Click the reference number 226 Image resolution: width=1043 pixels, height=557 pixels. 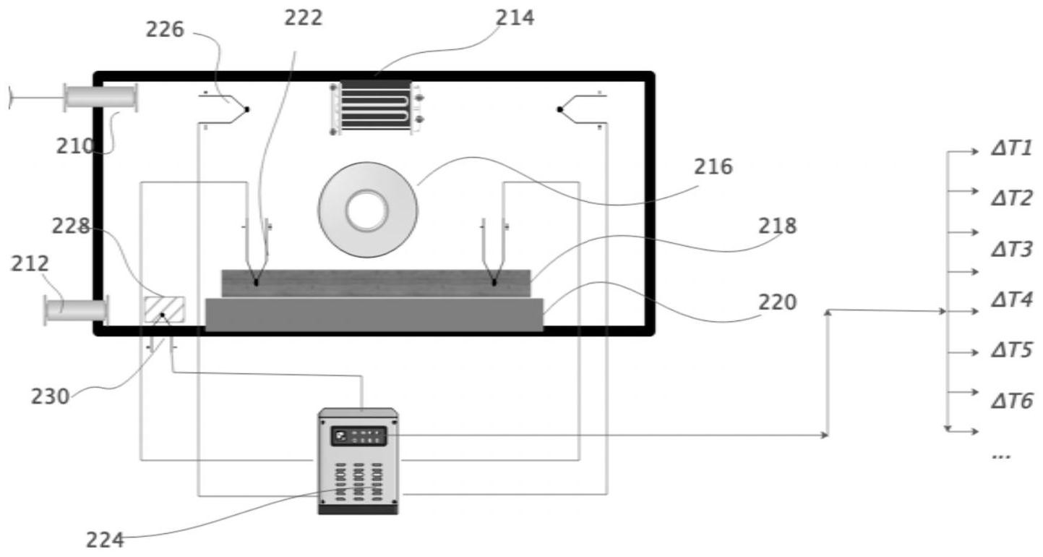click(165, 30)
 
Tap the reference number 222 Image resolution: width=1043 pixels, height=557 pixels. click(304, 18)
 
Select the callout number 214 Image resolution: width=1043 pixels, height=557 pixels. click(515, 17)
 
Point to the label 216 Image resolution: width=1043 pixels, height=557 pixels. click(713, 166)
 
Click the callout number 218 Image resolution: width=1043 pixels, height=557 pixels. click(778, 226)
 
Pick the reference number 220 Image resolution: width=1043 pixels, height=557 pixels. click(778, 302)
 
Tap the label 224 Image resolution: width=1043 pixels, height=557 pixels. click(106, 540)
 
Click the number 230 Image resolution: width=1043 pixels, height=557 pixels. click(51, 396)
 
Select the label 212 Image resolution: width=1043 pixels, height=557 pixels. click(30, 264)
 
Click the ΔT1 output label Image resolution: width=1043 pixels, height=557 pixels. click(1012, 148)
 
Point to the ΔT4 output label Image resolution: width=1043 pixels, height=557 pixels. click(1012, 299)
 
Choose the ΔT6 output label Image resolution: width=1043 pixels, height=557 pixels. click(1012, 401)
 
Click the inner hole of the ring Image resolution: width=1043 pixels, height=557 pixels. click(367, 211)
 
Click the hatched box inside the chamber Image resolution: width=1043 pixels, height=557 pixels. click(164, 310)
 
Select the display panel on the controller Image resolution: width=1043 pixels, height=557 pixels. click(359, 436)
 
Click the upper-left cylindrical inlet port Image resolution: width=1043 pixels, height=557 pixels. click(100, 98)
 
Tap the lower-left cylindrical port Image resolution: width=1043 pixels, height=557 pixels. click(77, 310)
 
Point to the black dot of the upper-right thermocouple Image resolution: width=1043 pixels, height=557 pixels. click(559, 109)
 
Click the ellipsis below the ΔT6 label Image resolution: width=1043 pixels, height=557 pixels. click(1001, 456)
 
